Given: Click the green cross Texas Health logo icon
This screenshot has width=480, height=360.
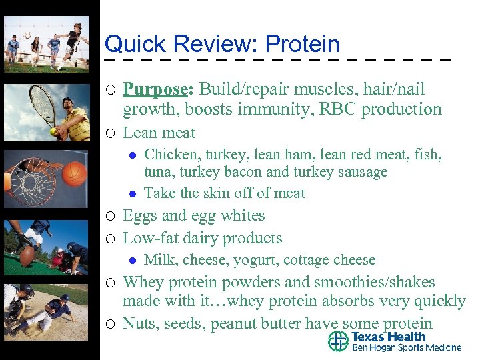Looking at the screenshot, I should pos(338,341).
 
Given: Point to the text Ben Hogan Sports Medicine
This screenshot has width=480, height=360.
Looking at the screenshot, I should pos(406,348).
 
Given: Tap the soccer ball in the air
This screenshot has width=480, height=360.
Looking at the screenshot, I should pos(27,34).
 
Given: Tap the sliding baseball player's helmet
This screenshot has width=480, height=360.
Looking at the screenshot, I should pos(65,298).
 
